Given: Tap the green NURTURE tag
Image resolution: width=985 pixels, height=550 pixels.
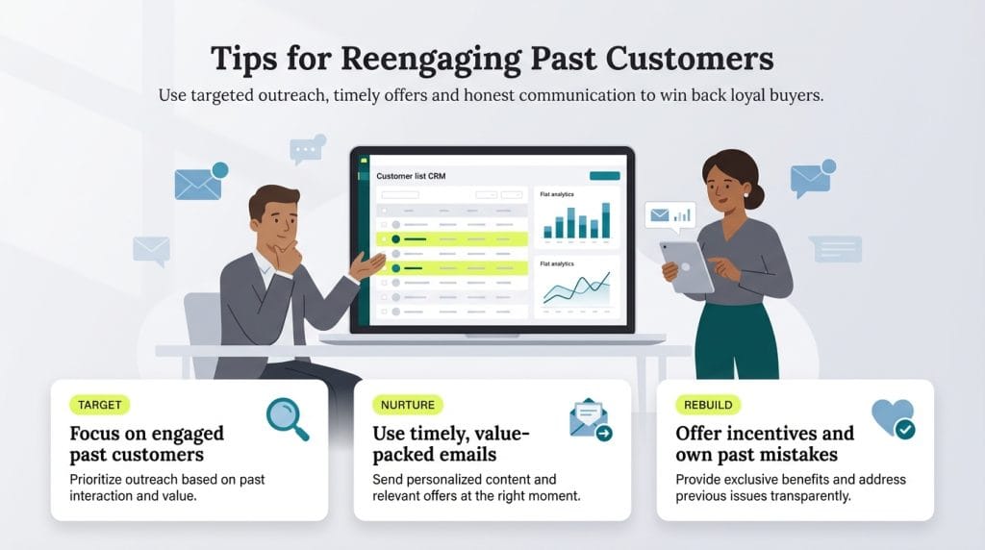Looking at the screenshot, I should tap(407, 405).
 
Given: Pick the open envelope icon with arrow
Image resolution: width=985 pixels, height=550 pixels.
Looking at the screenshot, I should tap(590, 420).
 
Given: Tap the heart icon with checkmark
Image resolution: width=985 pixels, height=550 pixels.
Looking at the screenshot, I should tap(893, 419).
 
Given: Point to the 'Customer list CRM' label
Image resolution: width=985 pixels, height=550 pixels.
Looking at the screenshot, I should tap(411, 176).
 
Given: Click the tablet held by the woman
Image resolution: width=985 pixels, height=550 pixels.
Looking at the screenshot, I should tap(687, 265).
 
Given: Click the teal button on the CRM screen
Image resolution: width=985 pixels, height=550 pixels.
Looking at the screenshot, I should tap(604, 176).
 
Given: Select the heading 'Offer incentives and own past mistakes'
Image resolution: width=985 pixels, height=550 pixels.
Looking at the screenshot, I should tap(764, 443).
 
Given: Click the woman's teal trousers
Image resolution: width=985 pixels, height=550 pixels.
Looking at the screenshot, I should tap(736, 341).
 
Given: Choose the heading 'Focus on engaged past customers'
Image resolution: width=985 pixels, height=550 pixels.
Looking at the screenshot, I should tap(146, 443).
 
